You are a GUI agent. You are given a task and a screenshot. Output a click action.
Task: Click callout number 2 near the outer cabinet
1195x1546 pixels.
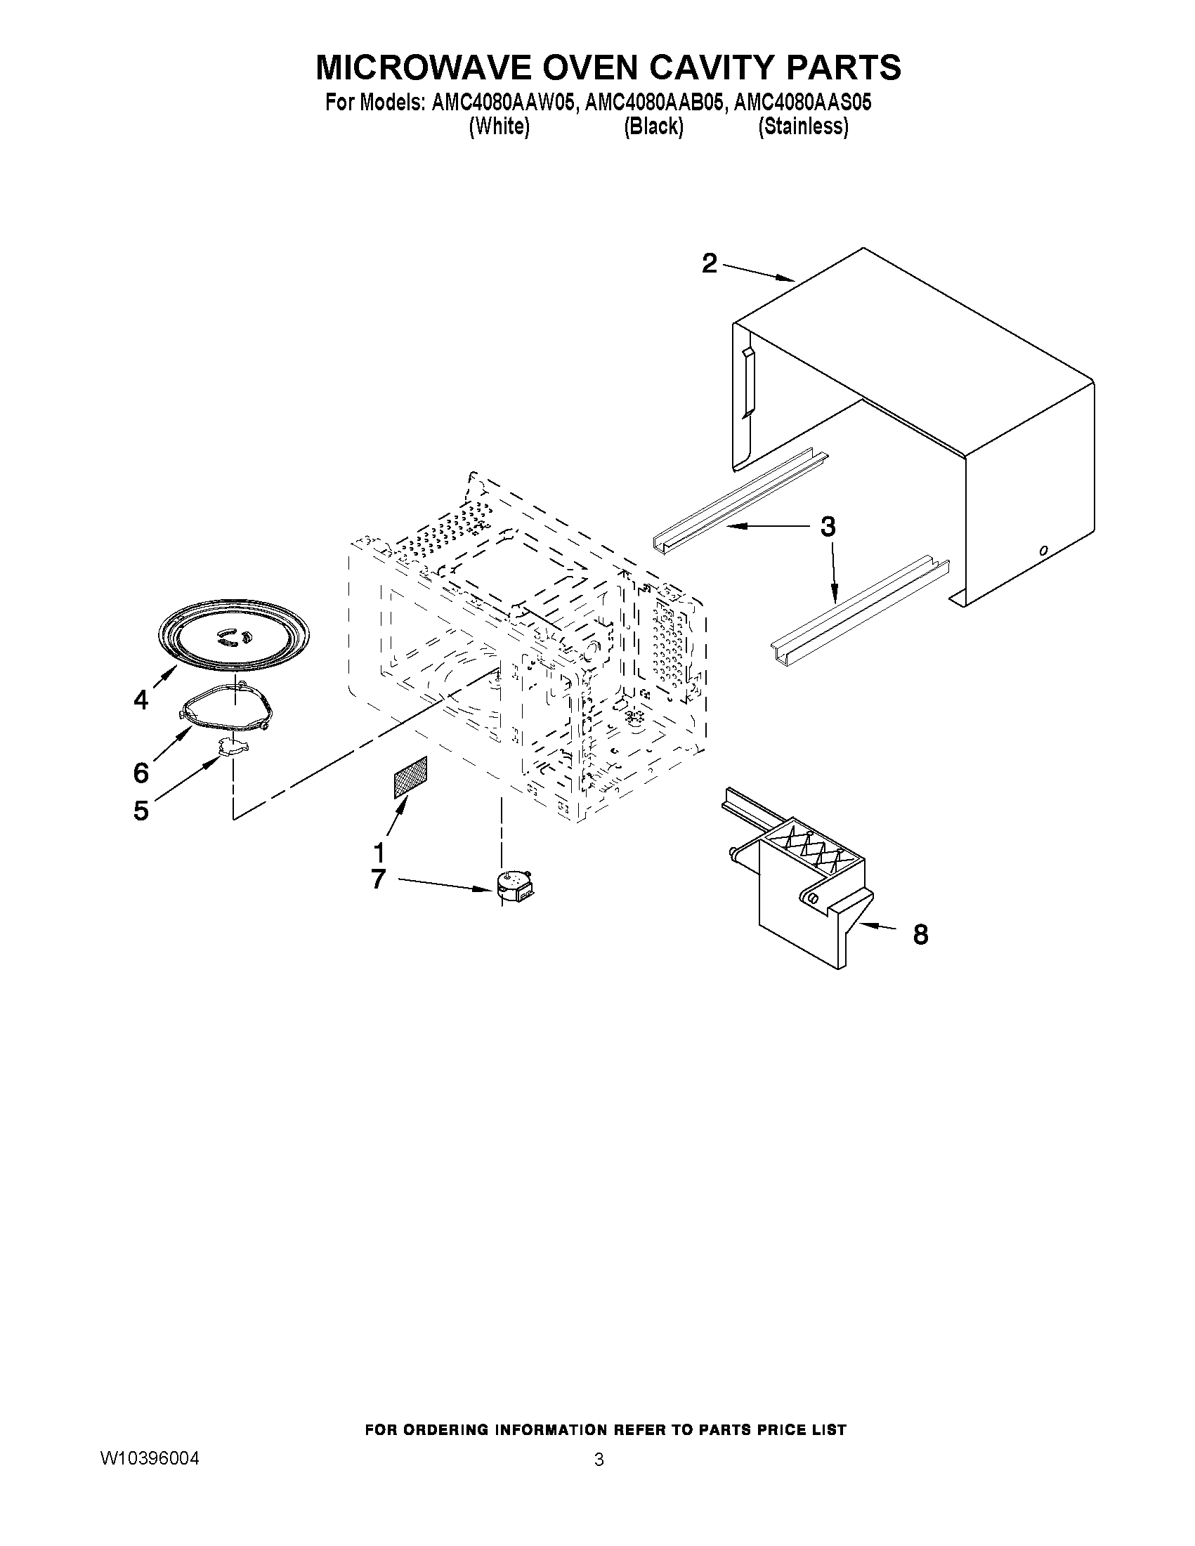click(x=710, y=264)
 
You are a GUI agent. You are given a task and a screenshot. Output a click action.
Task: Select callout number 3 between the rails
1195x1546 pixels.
click(x=828, y=527)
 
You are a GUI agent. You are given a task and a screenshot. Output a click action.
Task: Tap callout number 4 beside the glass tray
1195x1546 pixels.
click(x=141, y=700)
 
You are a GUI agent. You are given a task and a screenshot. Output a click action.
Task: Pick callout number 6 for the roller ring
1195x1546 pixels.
click(x=141, y=772)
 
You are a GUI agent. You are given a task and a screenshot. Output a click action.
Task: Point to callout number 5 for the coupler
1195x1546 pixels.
click(x=141, y=811)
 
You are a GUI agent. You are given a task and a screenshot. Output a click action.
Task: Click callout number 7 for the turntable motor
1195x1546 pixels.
click(x=378, y=879)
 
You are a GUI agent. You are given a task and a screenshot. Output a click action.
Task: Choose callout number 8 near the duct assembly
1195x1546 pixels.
click(x=920, y=934)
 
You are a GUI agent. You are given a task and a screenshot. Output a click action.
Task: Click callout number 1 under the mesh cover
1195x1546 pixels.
click(x=379, y=852)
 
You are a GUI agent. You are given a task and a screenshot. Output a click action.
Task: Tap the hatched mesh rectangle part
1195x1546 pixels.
click(x=410, y=778)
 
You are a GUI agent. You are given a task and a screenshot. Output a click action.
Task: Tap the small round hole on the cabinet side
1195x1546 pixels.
click(x=1043, y=550)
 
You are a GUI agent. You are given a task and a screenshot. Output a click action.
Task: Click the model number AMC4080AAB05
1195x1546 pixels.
click(x=655, y=103)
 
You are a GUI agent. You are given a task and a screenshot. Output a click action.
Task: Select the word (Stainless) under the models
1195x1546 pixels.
click(x=803, y=127)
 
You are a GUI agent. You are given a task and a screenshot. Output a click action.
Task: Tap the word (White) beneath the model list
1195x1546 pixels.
click(x=499, y=127)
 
